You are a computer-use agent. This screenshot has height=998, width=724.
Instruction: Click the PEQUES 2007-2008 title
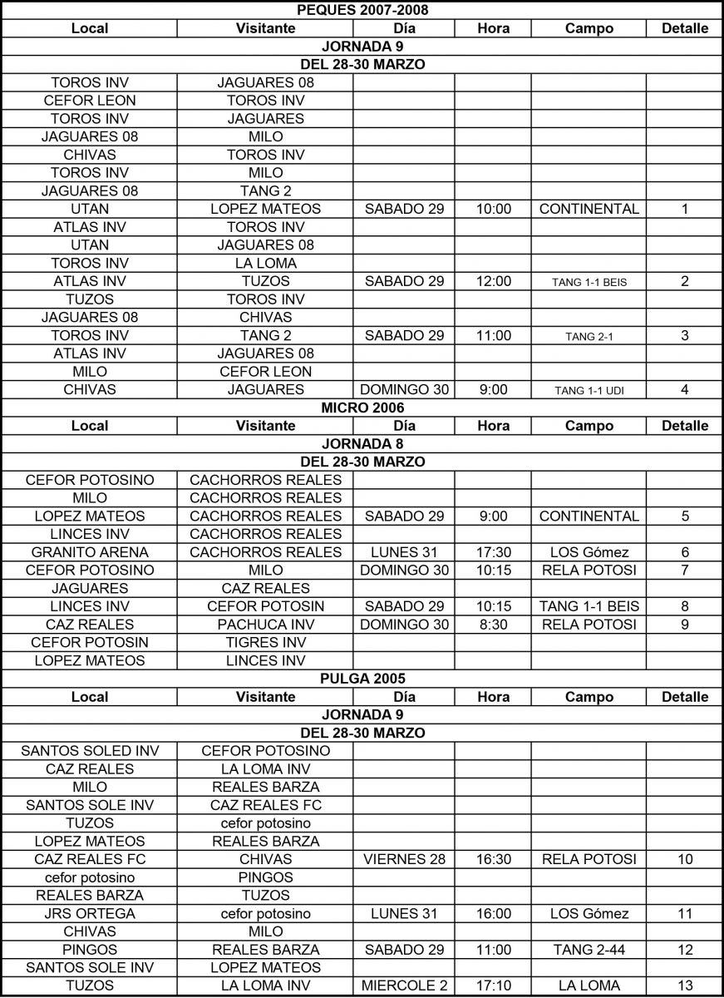coord(362,10)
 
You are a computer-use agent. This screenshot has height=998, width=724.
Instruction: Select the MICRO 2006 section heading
coord(362,408)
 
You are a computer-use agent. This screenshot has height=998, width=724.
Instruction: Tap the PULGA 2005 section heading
coord(362,679)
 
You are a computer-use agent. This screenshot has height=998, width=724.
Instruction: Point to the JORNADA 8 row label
coord(362,443)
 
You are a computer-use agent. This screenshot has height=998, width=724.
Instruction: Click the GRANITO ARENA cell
coord(90,552)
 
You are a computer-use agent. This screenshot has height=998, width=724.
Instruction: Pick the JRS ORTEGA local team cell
coord(90,914)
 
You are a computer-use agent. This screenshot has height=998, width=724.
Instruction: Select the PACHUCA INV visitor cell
coord(266,625)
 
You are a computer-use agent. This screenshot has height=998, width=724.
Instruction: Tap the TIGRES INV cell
coord(266,643)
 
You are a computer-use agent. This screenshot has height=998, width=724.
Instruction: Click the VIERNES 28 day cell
coord(404,859)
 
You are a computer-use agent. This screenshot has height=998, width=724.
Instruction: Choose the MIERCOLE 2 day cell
coord(404,986)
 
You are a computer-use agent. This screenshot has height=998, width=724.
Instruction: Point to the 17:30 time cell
coord(493,552)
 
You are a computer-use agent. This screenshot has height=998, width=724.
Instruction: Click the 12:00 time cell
coord(493,281)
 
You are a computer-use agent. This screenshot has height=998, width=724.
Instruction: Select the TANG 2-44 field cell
coord(589,950)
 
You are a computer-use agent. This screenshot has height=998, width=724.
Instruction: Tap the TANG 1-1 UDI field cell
coord(589,390)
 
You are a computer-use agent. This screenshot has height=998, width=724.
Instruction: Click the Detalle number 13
coord(685,986)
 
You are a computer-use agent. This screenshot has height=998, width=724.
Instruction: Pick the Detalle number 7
coord(685,571)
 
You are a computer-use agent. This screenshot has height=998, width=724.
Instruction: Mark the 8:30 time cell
coord(493,625)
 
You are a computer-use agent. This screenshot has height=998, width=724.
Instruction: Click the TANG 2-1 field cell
coord(589,336)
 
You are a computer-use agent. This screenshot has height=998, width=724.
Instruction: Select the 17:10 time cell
coord(493,986)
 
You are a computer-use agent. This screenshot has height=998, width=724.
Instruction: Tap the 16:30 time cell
coord(493,859)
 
